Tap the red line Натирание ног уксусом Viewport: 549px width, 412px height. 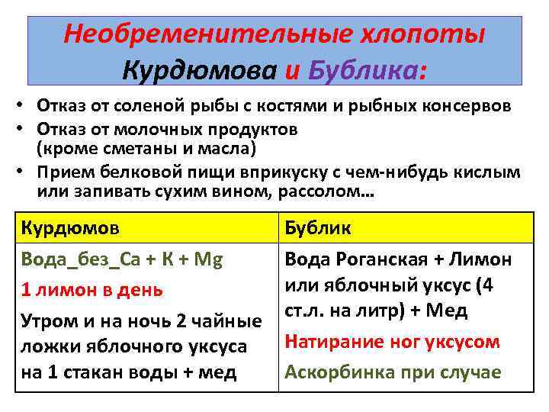[392, 342]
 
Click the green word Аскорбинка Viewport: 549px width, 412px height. [335, 372]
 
